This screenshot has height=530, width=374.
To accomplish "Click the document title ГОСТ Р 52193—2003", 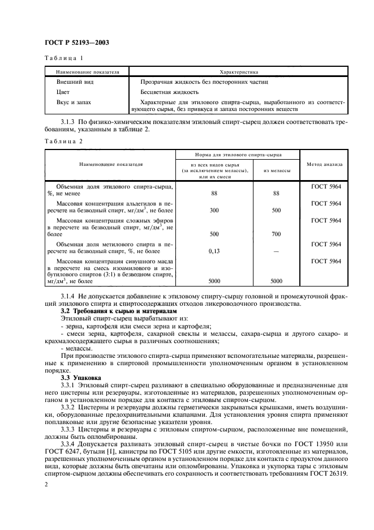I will click(77, 42).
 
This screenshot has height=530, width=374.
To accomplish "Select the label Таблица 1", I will click(63, 58).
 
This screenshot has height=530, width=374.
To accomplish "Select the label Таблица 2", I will click(63, 141).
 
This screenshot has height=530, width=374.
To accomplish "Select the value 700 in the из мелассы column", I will click(276, 233).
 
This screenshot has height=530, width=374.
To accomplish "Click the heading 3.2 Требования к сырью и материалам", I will click(119, 311).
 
